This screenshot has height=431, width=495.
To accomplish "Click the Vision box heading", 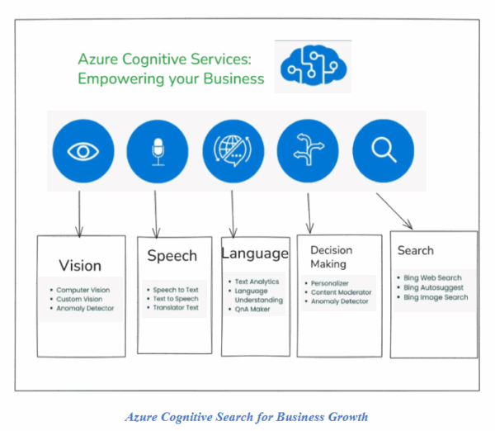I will (x=80, y=266).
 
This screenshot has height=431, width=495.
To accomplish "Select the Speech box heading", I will (x=172, y=256).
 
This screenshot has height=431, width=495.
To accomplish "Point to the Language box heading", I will (x=255, y=253).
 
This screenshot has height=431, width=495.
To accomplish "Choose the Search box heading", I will (x=415, y=250).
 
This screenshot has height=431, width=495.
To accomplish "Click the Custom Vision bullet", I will (x=79, y=299).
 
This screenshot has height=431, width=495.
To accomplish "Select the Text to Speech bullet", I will (x=175, y=299).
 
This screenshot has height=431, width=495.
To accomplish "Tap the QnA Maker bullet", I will (x=252, y=310).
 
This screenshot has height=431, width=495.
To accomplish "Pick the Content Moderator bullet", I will (x=341, y=292).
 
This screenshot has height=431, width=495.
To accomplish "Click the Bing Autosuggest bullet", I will (x=433, y=288).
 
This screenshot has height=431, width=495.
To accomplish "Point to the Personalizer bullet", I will (x=330, y=283).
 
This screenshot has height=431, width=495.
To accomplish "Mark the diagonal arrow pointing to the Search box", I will (x=395, y=211).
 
